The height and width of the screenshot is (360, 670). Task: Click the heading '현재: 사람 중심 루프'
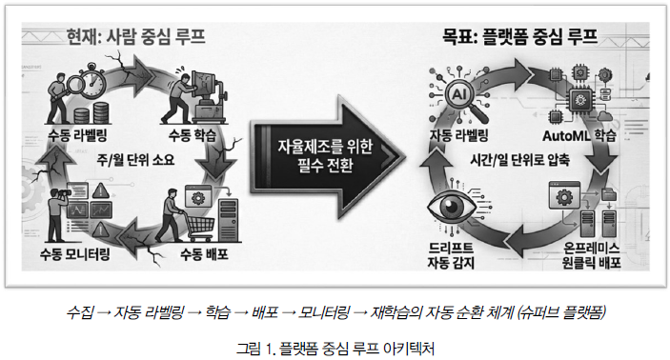coord(136,36)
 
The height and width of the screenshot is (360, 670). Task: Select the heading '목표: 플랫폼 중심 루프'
coord(519,36)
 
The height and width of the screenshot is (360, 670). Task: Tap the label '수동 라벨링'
coord(77,136)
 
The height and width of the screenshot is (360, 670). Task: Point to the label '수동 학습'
coord(193,136)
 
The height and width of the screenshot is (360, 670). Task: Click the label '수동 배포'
coord(204,254)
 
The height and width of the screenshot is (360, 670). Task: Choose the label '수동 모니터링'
coord(75,254)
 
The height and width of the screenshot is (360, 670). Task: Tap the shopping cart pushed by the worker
coord(197,226)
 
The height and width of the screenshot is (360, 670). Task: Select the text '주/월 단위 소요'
coord(135,160)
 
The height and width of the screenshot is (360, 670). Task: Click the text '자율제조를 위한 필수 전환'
coord(325,155)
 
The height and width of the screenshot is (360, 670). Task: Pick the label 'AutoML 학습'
coord(579,136)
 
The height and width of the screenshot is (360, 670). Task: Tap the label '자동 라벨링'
coord(459,136)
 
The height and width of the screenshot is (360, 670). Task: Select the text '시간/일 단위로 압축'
coord(520,160)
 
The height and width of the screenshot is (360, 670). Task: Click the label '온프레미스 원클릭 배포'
coord(592,255)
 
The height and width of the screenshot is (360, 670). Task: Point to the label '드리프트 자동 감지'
coord(451,255)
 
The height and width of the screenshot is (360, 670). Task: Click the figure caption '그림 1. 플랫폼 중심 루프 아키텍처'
coord(335,349)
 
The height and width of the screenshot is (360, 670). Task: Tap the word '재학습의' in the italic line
coord(395,312)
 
